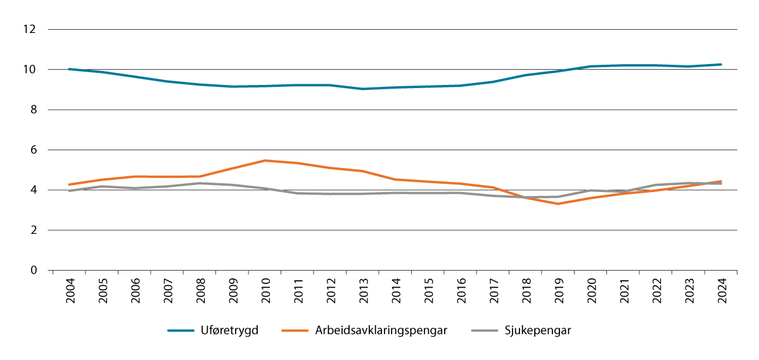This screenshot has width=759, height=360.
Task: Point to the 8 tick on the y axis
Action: (34, 110)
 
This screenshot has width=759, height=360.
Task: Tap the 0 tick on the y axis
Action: (34, 271)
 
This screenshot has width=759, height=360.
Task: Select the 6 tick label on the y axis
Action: (34, 150)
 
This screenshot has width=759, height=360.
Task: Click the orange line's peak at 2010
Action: (265, 160)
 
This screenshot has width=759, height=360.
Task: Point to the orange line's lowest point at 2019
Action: (558, 203)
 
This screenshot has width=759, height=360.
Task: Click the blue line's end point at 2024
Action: (721, 65)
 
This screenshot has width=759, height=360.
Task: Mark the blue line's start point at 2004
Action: (69, 69)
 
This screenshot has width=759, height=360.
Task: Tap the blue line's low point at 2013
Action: (362, 89)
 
